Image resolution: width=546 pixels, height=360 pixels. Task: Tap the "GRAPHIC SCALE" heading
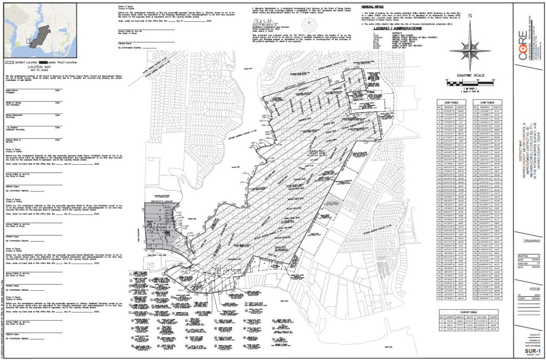tap(468, 75)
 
